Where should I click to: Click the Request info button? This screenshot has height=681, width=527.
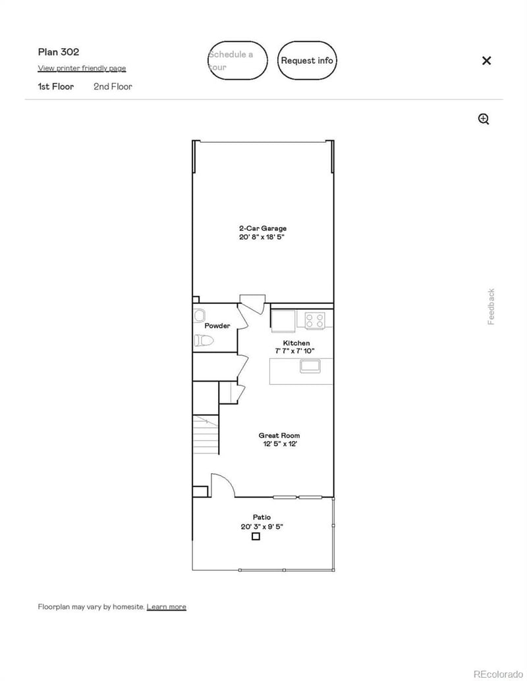[x=307, y=61]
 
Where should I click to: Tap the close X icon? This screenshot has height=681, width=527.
[x=486, y=61]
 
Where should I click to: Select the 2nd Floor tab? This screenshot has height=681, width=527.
[x=113, y=86]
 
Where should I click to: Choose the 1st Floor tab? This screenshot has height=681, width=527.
[x=56, y=86]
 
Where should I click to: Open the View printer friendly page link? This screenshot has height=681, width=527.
[x=82, y=68]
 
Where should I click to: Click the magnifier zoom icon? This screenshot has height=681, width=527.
[x=484, y=119]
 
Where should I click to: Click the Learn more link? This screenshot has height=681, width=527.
[x=166, y=607]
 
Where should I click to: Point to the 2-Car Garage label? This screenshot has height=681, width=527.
[x=262, y=228]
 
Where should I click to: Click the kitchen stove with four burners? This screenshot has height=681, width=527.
[x=315, y=321]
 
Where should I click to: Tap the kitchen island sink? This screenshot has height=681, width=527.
[x=311, y=366]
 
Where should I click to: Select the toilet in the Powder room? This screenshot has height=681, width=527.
[x=203, y=341]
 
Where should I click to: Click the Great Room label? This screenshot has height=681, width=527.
[x=279, y=436]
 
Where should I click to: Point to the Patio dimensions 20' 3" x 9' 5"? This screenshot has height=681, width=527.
[x=262, y=526]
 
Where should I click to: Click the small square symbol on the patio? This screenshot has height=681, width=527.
[x=256, y=537]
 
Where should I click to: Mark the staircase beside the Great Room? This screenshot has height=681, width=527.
[x=206, y=434]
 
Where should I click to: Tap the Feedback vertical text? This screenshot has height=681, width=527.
[x=491, y=307]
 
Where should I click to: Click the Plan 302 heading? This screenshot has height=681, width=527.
[x=59, y=52]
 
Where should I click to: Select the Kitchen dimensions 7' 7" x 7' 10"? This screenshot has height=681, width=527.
[x=295, y=351]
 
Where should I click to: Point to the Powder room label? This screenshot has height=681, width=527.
[x=217, y=326]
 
